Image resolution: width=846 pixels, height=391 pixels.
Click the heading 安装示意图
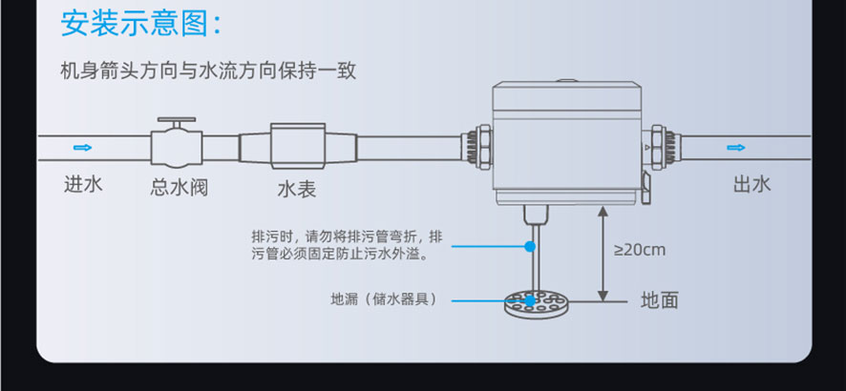pyautogui.click(x=141, y=23)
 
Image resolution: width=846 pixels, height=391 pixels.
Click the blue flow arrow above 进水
pyautogui.click(x=82, y=148)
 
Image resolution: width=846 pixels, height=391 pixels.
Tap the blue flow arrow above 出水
pyautogui.click(x=735, y=148)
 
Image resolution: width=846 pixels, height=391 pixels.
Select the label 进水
pyautogui.click(x=83, y=185)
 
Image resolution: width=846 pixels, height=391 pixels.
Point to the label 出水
pyautogui.click(x=751, y=185)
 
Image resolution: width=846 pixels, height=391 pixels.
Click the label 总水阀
pyautogui.click(x=179, y=187)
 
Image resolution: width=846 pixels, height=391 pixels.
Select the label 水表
pyautogui.click(x=297, y=189)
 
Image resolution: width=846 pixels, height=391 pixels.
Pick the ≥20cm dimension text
pyautogui.click(x=639, y=250)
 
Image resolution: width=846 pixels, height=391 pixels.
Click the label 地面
pyautogui.click(x=660, y=300)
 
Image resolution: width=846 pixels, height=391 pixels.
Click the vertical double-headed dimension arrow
pyautogui.click(x=601, y=253)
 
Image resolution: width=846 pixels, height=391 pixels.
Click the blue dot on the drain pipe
pyautogui.click(x=530, y=247)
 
